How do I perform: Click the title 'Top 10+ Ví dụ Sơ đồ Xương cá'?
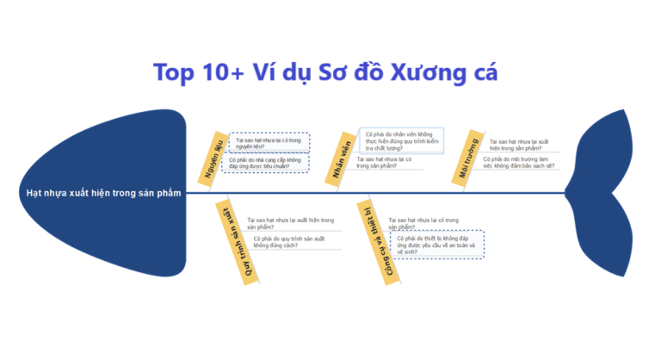tap(325, 71)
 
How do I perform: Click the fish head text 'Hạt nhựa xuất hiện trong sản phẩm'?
tap(102, 193)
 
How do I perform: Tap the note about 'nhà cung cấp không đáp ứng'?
tap(264, 163)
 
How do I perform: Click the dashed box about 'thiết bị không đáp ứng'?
tap(436, 245)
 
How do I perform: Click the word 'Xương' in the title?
tap(421, 71)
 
